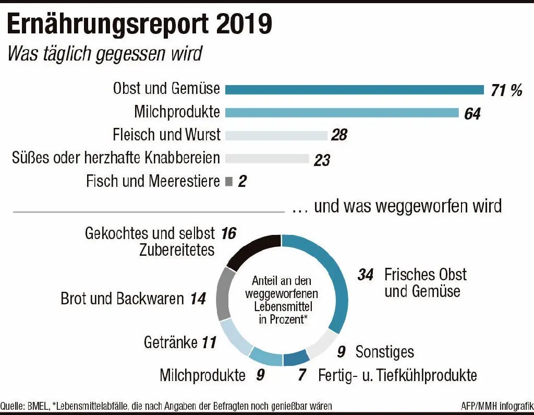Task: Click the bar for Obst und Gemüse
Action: point(355,90)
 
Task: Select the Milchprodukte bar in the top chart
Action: point(342,113)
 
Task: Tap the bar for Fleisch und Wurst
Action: point(276,135)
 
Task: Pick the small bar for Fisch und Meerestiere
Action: point(228,181)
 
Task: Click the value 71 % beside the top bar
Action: point(506,90)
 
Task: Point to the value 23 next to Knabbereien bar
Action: point(322,160)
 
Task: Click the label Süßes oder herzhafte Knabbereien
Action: point(116,158)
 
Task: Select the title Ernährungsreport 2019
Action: point(139,24)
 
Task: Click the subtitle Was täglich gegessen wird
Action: point(104,53)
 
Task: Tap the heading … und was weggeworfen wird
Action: point(397,206)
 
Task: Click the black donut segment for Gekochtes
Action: point(253,250)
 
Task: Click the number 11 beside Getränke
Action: point(208,343)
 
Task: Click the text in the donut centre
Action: point(281,300)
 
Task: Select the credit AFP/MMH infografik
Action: point(497,406)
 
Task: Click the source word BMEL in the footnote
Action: point(37,406)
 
